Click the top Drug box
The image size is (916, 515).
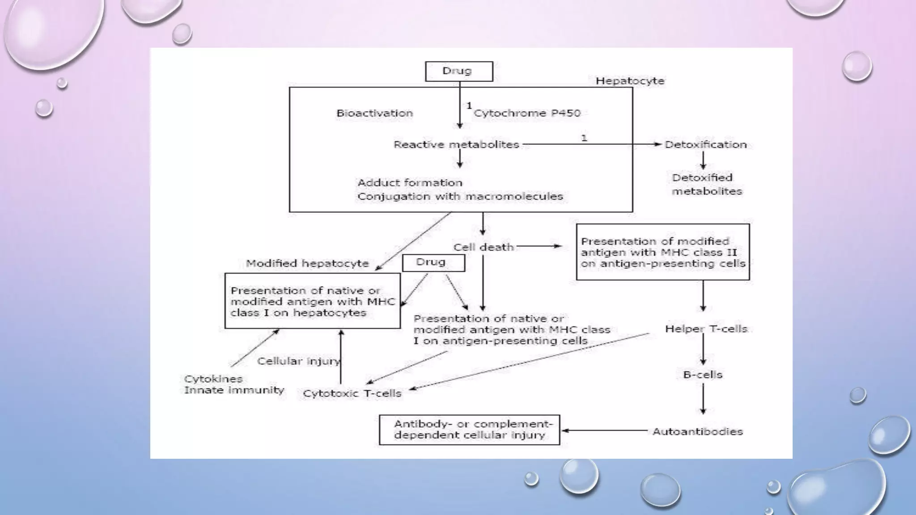(x=459, y=72)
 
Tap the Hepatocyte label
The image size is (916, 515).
(x=630, y=81)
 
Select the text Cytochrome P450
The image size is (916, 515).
(x=527, y=114)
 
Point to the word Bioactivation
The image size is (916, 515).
(x=374, y=114)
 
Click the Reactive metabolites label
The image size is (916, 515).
(x=456, y=145)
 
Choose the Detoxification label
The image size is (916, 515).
(x=705, y=145)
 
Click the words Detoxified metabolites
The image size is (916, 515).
(x=706, y=184)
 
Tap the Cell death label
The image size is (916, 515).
(x=483, y=247)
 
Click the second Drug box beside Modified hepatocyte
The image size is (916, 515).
(x=433, y=263)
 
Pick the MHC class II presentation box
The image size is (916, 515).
(x=662, y=252)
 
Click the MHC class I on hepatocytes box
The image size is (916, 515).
(x=312, y=301)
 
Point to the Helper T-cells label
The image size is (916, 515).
(x=706, y=329)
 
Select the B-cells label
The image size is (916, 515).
(x=703, y=375)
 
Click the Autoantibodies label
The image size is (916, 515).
(x=697, y=432)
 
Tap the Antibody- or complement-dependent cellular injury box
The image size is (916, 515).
(x=469, y=430)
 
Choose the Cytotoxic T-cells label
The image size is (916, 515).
(x=352, y=394)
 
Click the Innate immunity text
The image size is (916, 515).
(x=234, y=390)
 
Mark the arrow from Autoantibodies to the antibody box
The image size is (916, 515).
(x=604, y=431)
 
